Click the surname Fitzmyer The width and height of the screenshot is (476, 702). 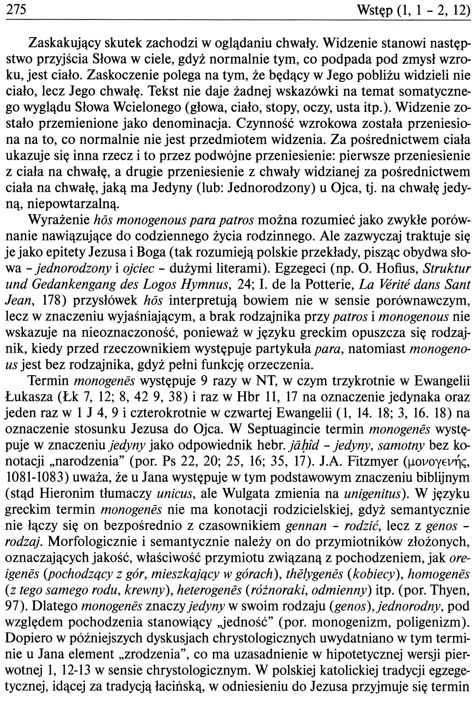[373, 462]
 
